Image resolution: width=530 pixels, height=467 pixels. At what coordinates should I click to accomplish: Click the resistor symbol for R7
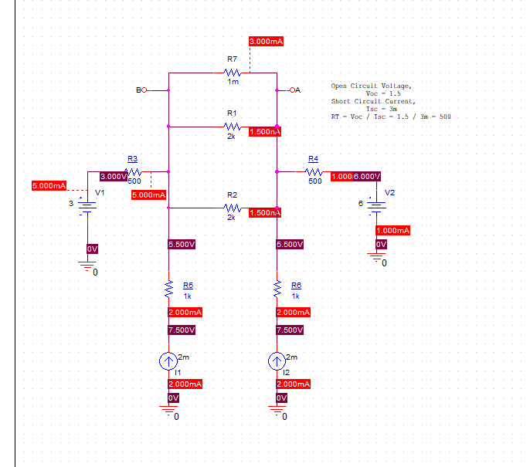233,73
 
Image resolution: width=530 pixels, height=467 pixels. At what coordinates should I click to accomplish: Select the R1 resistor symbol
233,126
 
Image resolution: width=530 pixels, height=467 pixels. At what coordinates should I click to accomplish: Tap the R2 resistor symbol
233,208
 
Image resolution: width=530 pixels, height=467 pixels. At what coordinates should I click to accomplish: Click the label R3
132,158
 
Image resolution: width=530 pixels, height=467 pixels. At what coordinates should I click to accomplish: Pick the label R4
313,158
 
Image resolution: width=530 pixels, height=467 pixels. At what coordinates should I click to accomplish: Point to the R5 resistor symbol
168,289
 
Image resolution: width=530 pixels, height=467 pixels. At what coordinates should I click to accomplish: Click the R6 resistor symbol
277,289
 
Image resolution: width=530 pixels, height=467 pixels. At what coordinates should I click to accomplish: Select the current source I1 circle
168,360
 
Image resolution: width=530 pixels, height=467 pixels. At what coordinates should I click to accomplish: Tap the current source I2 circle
277,360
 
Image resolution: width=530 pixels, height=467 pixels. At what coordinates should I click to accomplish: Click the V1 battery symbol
87,207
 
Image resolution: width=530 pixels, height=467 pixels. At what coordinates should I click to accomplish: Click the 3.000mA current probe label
265,41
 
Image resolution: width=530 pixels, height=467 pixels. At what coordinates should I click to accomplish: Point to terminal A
286,90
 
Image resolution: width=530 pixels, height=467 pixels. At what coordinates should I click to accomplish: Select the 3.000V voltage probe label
112,177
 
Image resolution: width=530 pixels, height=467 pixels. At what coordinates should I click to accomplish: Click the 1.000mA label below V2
392,230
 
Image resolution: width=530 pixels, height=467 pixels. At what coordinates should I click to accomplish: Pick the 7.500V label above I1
182,330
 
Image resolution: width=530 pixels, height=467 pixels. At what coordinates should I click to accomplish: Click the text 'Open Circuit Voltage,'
372,86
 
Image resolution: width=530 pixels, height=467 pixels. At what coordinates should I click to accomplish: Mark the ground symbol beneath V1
87,266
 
